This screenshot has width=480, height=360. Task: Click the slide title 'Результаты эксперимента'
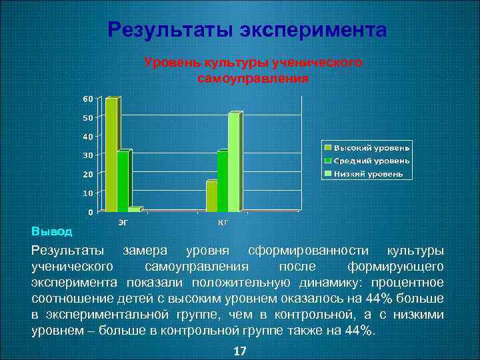[247, 31]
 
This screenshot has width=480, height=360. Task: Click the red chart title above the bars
[253, 70]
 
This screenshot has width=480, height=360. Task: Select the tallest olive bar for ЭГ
[111, 153]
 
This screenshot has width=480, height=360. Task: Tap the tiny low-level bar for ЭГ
[134, 209]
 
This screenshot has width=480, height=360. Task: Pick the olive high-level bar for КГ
[211, 196]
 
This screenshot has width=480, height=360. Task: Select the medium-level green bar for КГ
[222, 181]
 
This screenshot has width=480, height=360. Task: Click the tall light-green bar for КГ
[233, 162]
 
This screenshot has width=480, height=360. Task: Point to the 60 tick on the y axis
[88, 99]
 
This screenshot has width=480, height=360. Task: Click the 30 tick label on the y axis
[88, 155]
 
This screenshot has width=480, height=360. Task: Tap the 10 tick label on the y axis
[88, 193]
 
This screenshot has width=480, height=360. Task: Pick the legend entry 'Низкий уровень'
[368, 173]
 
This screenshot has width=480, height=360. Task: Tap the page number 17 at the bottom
[240, 351]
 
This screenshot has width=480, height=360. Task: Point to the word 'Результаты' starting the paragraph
[67, 251]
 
